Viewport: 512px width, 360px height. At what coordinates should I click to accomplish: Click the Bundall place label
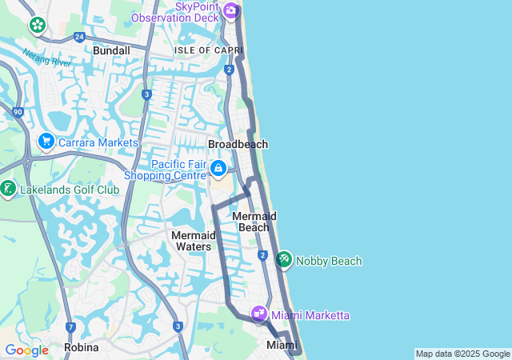111,50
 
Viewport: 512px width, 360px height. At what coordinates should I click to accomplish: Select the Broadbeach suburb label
238,144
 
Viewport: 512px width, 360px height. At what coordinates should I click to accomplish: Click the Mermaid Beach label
254,222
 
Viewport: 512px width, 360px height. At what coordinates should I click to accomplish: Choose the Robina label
82,347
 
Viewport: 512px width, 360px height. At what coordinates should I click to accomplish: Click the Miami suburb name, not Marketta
281,345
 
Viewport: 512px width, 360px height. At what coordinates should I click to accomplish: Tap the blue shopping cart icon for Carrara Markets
46,142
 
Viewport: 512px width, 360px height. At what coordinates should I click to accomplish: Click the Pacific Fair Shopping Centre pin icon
218,168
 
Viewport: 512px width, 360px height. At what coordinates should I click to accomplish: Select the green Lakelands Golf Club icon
9,190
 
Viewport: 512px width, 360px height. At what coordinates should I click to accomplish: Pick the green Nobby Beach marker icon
284,260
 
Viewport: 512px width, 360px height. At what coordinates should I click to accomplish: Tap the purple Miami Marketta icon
259,314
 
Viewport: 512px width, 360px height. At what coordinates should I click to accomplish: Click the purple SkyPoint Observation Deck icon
230,10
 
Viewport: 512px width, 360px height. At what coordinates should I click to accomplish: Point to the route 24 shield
78,36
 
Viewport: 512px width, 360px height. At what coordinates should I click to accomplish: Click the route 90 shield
18,113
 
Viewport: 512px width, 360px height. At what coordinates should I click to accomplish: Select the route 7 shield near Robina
71,327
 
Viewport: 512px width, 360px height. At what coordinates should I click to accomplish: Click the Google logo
26,350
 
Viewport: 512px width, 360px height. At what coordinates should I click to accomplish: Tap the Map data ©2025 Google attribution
462,354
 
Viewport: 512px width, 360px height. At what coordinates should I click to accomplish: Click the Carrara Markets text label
98,142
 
